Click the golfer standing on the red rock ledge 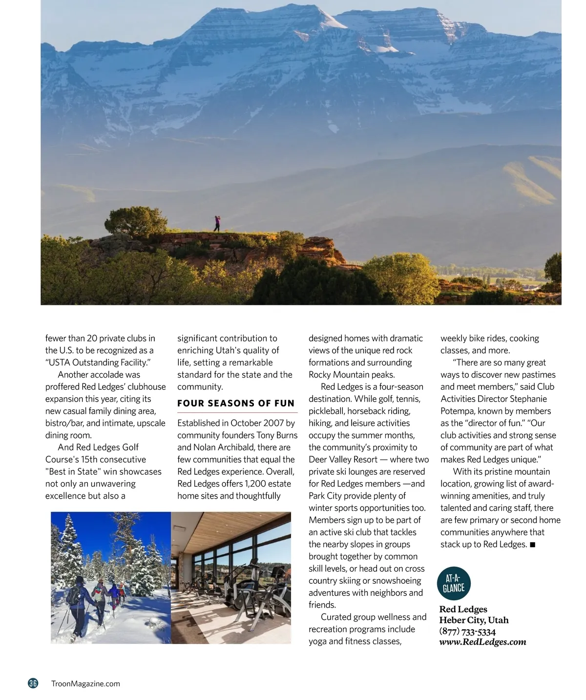(x=217, y=224)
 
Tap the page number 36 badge (x=33, y=683)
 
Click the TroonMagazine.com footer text (x=85, y=684)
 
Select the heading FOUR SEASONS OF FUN (x=236, y=403)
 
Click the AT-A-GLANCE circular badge (x=454, y=584)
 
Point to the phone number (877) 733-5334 (x=467, y=631)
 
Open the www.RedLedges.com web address (x=482, y=642)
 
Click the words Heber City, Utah (x=474, y=620)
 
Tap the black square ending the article (x=533, y=545)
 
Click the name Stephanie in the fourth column (x=528, y=399)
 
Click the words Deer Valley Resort (x=343, y=460)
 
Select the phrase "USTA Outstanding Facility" (x=98, y=362)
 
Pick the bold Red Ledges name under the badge (x=463, y=609)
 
